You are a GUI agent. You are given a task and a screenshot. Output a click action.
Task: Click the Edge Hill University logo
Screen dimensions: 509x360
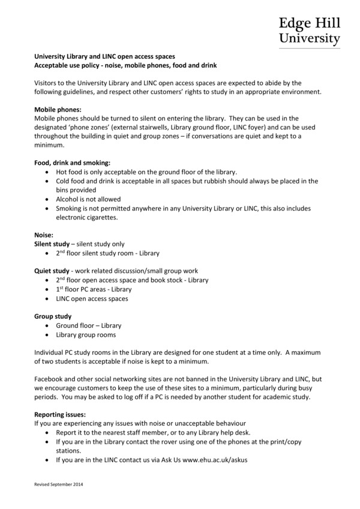309,31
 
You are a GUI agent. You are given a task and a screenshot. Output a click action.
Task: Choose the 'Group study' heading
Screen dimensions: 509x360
53,316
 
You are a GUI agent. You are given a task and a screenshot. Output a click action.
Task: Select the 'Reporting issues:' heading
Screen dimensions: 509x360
60,414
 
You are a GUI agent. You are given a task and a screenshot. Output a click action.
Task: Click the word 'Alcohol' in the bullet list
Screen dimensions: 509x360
68,199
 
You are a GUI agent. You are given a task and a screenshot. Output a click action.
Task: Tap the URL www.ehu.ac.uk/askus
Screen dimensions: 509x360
215,460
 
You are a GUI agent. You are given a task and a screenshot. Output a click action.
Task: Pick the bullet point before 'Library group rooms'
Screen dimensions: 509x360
47,335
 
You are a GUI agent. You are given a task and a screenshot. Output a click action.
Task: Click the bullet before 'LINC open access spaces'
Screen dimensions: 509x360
47,298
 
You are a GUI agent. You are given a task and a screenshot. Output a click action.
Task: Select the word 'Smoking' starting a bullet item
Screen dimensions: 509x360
70,208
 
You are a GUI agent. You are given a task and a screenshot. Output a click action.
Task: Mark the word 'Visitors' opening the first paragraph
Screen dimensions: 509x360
47,83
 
